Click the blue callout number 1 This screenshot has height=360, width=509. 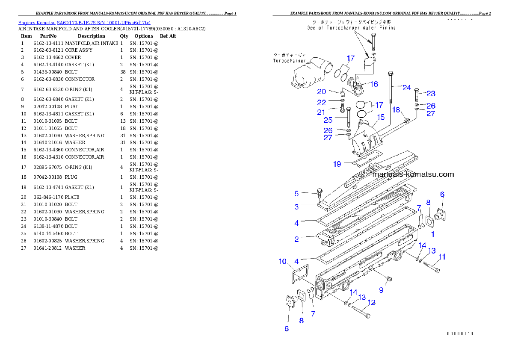point(432,234)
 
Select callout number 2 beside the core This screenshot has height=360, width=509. point(296,239)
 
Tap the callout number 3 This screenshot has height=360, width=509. point(296,207)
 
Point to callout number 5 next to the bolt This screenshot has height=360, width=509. point(296,194)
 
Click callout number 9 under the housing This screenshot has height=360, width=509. point(381,290)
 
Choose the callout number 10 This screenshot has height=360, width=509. point(283,261)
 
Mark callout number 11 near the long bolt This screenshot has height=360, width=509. point(442,257)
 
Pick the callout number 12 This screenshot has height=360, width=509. point(371,303)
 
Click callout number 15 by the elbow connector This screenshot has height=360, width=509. point(381,117)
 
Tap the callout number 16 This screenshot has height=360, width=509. point(374,84)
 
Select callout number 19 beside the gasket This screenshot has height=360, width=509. point(337,164)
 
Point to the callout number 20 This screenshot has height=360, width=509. point(322,91)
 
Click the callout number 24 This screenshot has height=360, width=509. point(406,88)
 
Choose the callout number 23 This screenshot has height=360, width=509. point(431,94)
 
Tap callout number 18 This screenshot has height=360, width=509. point(396,110)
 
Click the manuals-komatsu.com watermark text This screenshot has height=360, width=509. point(413,174)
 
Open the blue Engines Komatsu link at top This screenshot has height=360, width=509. point(84,22)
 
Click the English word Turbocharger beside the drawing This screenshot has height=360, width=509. point(290,61)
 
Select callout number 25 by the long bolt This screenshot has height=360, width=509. point(328,120)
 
